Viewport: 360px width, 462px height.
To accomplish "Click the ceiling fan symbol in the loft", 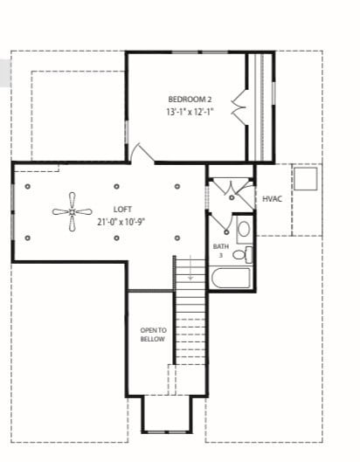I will click(x=71, y=211).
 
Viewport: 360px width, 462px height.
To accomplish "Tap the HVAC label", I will click(x=272, y=199).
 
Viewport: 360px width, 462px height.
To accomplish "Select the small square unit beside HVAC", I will click(x=305, y=179).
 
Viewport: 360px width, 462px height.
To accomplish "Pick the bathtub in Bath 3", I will click(x=231, y=279).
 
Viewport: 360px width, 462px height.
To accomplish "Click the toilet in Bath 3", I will click(x=245, y=255).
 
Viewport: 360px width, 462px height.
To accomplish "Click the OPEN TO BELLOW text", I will click(x=152, y=334).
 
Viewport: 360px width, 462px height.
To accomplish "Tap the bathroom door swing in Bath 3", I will click(x=222, y=227).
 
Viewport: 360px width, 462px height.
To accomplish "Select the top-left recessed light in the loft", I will click(x=28, y=186).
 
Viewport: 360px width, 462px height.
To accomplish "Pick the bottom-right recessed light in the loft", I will click(x=177, y=237).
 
